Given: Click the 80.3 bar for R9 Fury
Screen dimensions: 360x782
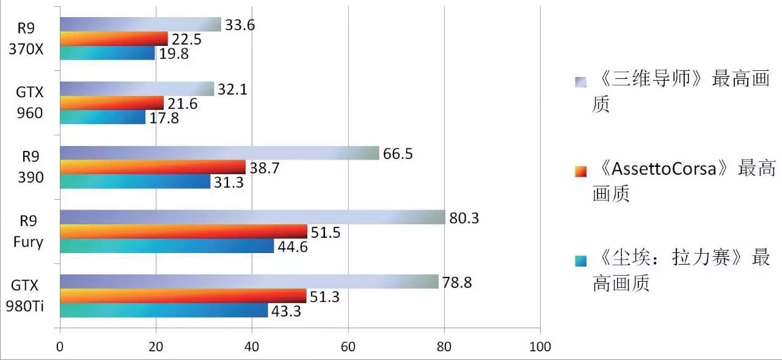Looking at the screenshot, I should (252, 217).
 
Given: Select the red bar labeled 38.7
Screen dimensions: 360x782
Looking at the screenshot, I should (153, 167).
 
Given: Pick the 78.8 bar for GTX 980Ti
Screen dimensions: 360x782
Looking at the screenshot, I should (249, 281).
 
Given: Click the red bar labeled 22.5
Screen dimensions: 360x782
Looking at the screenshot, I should (114, 39).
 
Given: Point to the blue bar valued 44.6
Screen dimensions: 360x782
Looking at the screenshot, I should (167, 246).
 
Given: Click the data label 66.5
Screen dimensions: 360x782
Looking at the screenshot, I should (398, 153).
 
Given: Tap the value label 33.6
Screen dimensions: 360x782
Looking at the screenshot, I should (239, 25).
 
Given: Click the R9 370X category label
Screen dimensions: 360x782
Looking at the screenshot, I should (30, 38).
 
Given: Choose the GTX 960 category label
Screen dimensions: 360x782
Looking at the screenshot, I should (30, 103).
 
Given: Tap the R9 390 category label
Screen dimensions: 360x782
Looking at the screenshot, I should (30, 167).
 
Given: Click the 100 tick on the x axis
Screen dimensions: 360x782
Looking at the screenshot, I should (539, 347).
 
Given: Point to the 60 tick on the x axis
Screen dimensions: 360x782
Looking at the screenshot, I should (348, 347).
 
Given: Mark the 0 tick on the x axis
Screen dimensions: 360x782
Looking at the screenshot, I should (60, 347).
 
